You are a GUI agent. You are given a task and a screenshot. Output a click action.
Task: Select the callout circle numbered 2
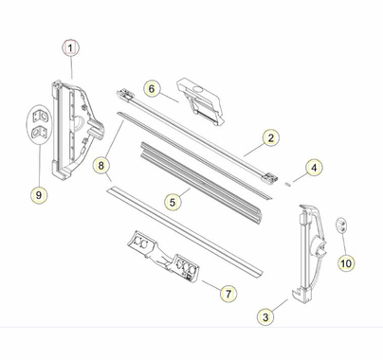coord(269,138)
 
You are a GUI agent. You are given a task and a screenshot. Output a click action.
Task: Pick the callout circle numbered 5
coord(172,201)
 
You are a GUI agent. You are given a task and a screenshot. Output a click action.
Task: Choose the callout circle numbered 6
coord(151,88)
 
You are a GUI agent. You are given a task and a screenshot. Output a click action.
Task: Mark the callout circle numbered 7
coord(229,295)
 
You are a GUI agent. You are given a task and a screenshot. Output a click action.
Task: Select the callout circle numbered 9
coord(39,195)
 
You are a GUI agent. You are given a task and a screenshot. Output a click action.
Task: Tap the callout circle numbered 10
coord(345,262)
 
